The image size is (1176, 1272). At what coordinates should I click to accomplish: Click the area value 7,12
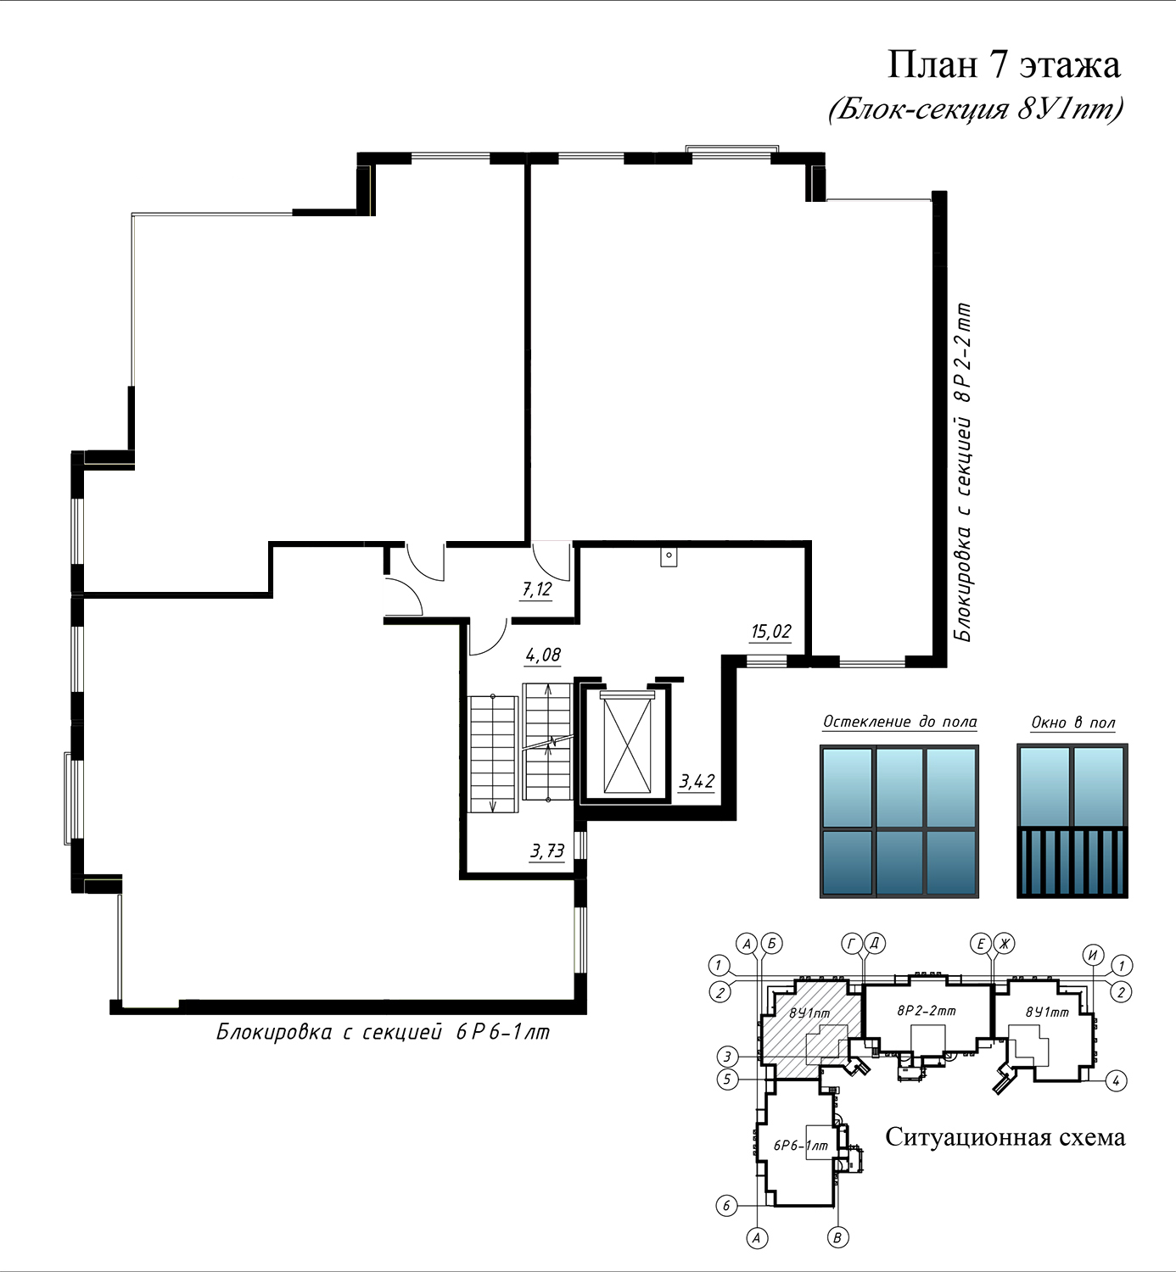click(537, 589)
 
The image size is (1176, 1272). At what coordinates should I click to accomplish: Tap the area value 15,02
click(771, 632)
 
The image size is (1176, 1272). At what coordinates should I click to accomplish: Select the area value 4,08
click(543, 656)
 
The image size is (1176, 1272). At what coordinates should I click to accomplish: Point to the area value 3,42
click(697, 781)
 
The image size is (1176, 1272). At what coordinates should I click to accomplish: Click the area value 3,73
click(547, 851)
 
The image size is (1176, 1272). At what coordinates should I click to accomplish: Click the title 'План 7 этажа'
click(1004, 65)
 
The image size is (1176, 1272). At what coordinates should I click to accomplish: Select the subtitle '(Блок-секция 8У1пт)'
click(976, 109)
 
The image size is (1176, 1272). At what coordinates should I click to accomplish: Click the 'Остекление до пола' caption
click(899, 722)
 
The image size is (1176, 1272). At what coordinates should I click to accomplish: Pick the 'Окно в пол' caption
click(1072, 723)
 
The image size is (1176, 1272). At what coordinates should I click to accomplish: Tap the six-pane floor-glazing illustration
click(899, 821)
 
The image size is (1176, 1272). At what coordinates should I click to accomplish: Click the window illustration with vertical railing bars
click(1072, 821)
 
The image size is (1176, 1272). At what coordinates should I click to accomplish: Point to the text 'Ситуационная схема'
click(1005, 1137)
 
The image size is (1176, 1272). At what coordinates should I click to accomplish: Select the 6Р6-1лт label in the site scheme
click(801, 1145)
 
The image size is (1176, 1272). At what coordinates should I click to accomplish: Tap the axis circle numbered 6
click(726, 1206)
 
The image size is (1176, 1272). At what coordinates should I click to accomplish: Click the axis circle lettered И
click(1094, 955)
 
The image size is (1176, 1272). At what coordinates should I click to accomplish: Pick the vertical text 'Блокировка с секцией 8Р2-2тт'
click(962, 472)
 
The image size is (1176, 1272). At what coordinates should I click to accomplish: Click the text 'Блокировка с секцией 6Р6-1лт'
click(384, 1032)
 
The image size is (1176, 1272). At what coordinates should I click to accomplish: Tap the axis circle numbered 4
click(1117, 1081)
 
